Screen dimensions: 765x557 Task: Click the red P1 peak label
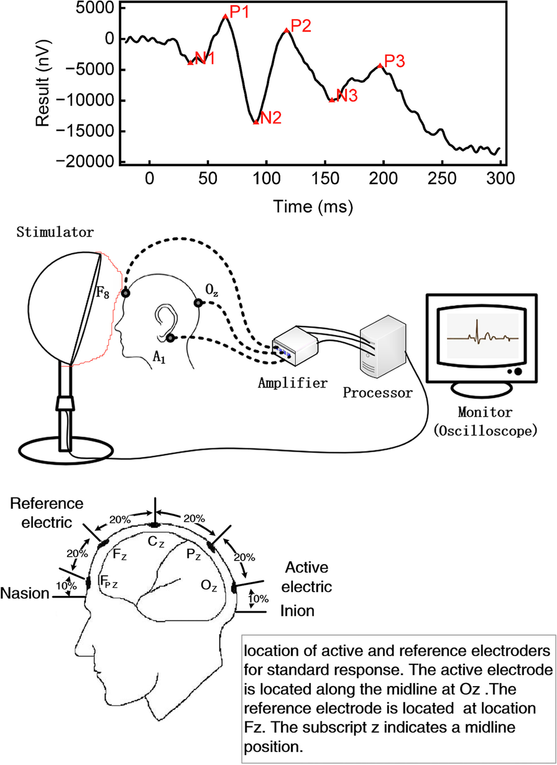[x=239, y=11]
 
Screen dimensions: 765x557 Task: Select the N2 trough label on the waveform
[x=271, y=118]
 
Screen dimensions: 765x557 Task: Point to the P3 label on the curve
[x=395, y=61]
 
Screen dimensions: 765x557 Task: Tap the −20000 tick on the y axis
[x=91, y=162]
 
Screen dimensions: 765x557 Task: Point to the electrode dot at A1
[x=170, y=338]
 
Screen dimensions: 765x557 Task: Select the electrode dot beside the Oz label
[x=198, y=303]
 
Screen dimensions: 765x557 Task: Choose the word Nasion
[x=25, y=593]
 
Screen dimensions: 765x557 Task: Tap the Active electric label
[x=308, y=577]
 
